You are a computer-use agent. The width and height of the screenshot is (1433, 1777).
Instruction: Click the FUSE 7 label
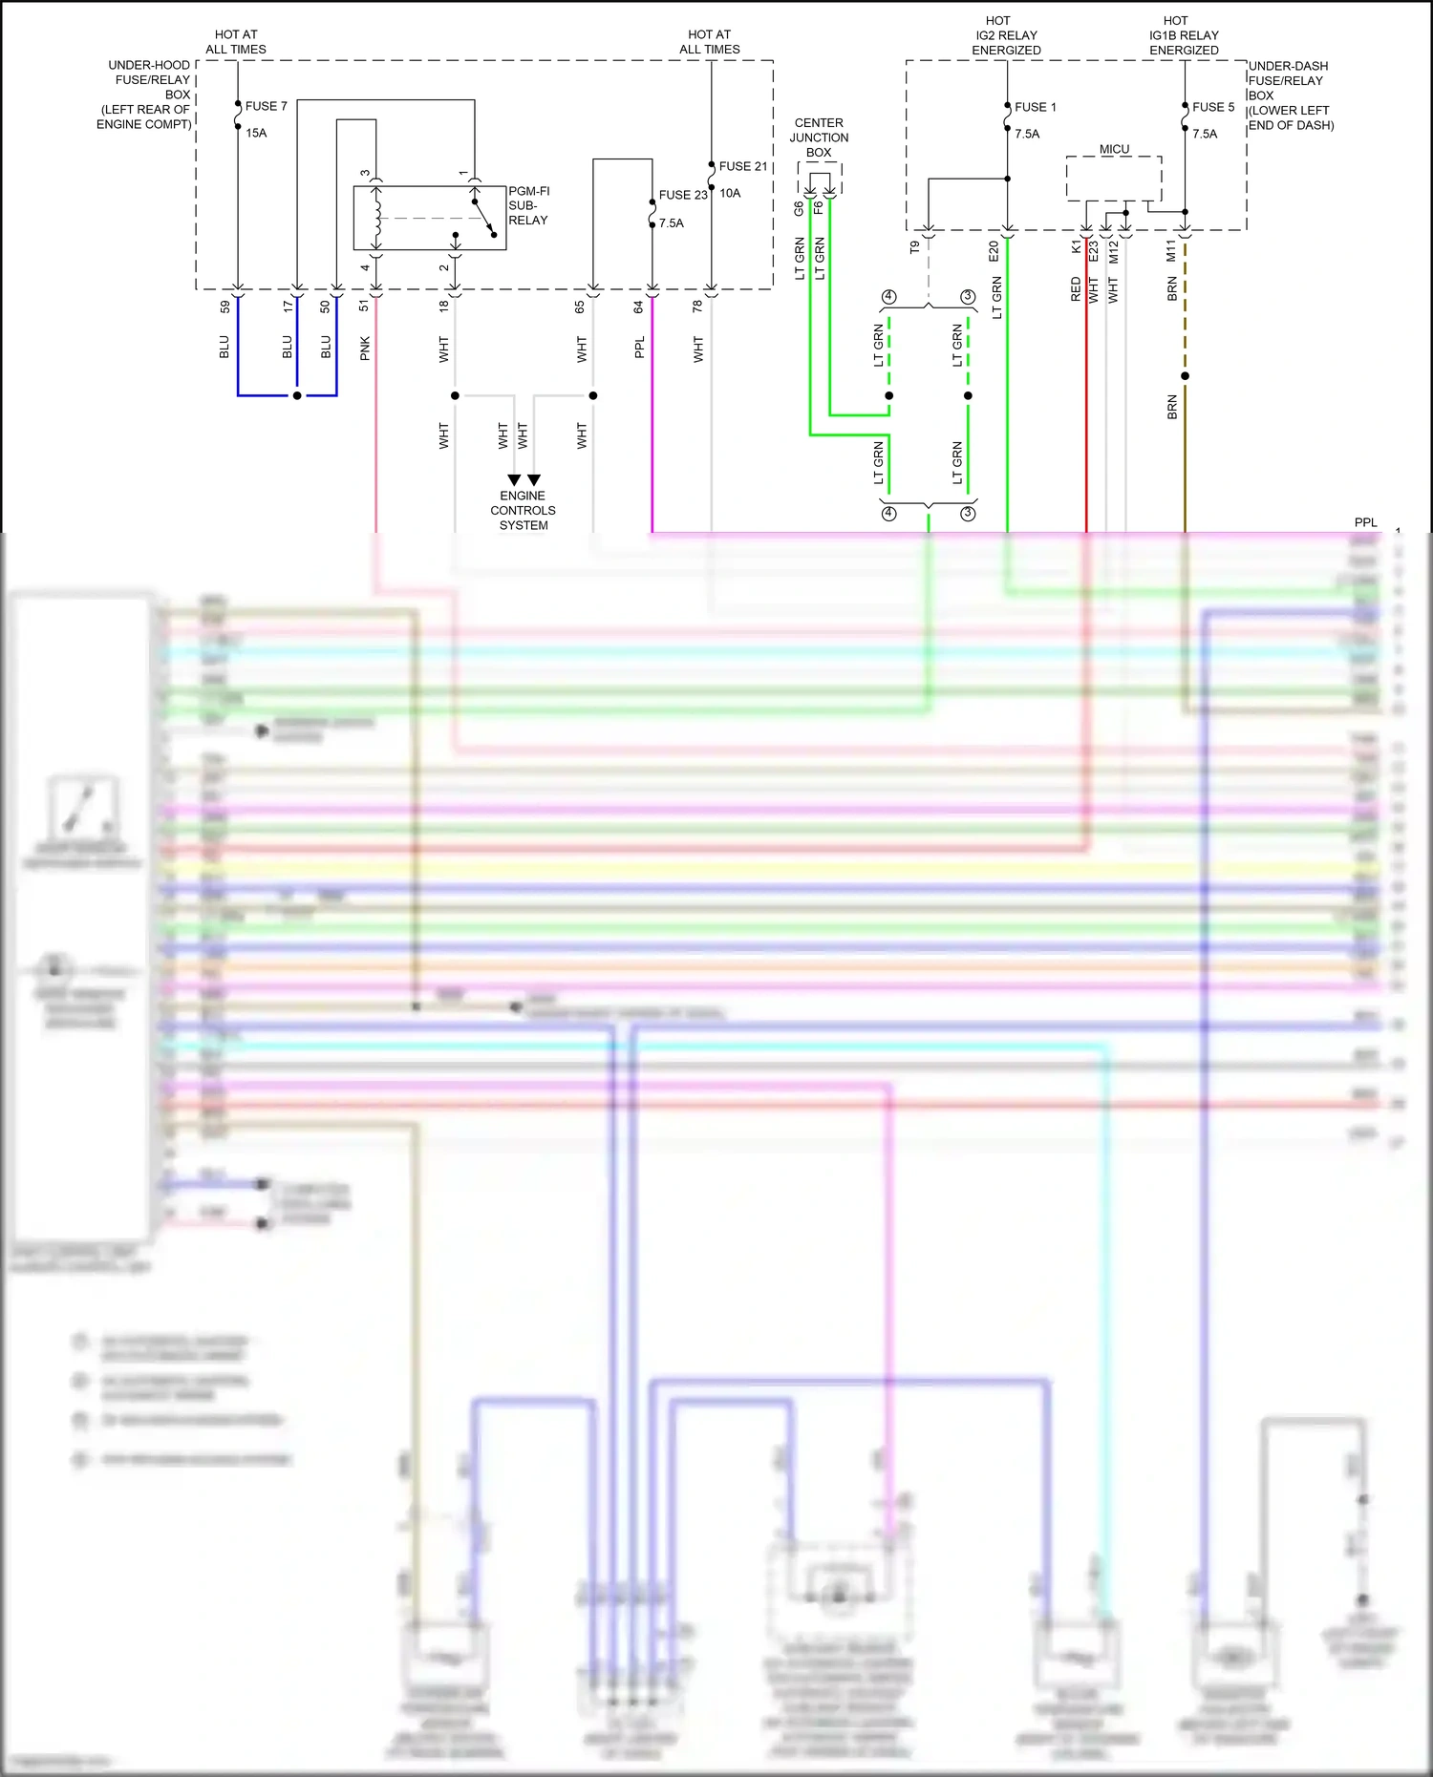point(266,106)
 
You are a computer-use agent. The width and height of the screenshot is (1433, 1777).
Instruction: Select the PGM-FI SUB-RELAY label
point(528,205)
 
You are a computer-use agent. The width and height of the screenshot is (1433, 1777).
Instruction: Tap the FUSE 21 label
point(742,166)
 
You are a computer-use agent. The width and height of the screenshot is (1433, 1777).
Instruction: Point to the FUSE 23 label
point(682,195)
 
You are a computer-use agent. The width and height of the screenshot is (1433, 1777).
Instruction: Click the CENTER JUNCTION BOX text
point(819,138)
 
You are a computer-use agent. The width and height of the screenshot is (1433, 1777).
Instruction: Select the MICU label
point(1114,149)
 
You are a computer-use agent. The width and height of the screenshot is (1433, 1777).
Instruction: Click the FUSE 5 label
point(1212,107)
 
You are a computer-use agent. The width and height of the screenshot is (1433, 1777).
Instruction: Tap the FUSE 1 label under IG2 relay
point(1035,107)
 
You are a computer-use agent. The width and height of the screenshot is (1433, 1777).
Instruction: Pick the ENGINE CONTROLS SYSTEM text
point(523,510)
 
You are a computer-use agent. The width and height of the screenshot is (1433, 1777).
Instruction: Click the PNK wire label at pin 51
point(365,349)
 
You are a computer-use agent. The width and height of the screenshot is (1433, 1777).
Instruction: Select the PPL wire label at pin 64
point(639,348)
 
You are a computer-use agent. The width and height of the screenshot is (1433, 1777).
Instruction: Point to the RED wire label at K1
point(1076,289)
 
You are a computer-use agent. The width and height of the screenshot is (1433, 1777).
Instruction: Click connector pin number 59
point(225,307)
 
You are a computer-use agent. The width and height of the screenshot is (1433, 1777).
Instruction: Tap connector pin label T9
point(914,247)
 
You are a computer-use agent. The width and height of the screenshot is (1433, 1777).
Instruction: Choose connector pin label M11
point(1171,251)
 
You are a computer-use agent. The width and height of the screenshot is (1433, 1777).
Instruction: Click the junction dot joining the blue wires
point(297,395)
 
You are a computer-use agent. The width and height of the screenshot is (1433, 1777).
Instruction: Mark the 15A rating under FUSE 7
point(256,133)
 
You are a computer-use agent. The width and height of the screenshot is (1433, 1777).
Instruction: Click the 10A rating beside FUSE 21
point(730,193)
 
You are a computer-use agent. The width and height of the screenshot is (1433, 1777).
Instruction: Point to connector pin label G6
point(799,207)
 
